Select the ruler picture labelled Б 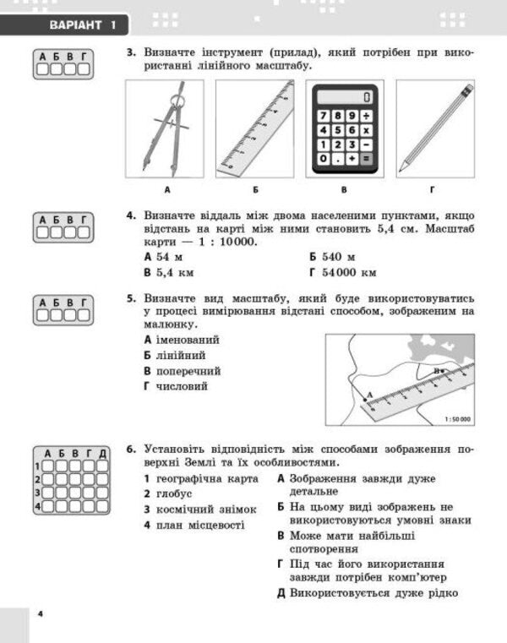click(x=254, y=128)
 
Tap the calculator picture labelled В click(x=345, y=128)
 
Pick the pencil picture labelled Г click(x=435, y=128)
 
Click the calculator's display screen click(x=345, y=96)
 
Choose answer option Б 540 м click(x=331, y=257)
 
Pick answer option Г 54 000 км click(x=342, y=273)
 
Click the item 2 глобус click(x=168, y=493)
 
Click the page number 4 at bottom click(x=40, y=613)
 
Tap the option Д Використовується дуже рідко click(x=367, y=593)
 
